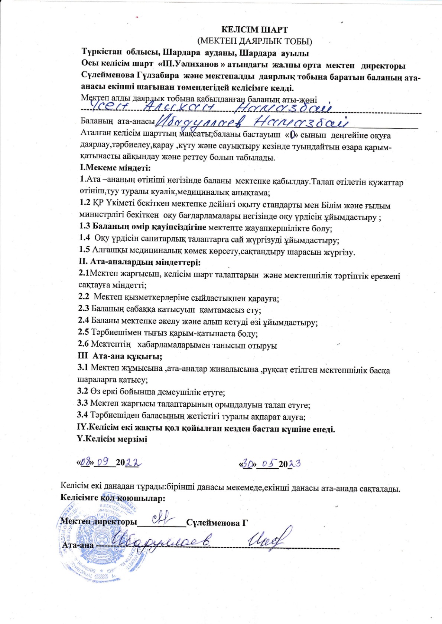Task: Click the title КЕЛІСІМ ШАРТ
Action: coord(255,30)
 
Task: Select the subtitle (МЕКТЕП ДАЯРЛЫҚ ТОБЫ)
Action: coord(255,41)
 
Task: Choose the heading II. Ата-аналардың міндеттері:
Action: coord(140,263)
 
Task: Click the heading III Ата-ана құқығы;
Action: coord(120,356)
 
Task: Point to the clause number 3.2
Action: coord(82,391)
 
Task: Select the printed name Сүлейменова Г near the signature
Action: coord(217,523)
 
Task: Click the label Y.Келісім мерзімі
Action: coord(112,439)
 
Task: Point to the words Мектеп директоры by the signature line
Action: coord(99,522)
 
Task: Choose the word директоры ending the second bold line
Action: coord(384,66)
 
